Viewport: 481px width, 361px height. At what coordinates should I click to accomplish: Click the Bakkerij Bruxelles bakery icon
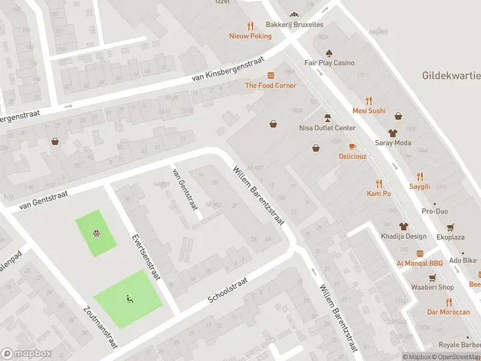tap(294, 14)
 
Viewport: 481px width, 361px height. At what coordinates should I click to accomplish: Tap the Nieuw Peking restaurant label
tap(250, 36)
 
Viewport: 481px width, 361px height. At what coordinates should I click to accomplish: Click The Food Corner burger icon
tap(271, 75)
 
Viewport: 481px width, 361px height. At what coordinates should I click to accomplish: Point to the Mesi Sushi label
tap(369, 111)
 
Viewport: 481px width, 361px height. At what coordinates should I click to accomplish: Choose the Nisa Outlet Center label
tap(327, 128)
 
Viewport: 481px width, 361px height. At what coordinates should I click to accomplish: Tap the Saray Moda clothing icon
tap(393, 132)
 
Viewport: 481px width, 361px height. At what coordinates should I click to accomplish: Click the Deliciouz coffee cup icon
tap(352, 146)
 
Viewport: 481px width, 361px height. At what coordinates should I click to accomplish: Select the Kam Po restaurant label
tap(379, 194)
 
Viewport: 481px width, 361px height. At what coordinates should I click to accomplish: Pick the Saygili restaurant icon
tap(420, 176)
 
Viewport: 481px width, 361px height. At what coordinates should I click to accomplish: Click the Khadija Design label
tap(403, 236)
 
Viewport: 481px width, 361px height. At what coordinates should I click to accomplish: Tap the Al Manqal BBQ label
tap(419, 264)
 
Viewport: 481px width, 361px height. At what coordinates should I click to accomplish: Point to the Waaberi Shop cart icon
tap(432, 277)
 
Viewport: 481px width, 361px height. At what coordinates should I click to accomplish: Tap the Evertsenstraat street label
tap(146, 256)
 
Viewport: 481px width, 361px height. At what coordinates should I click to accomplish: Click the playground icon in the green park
tap(95, 233)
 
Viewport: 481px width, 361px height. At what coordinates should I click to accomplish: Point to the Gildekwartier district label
tap(451, 76)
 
